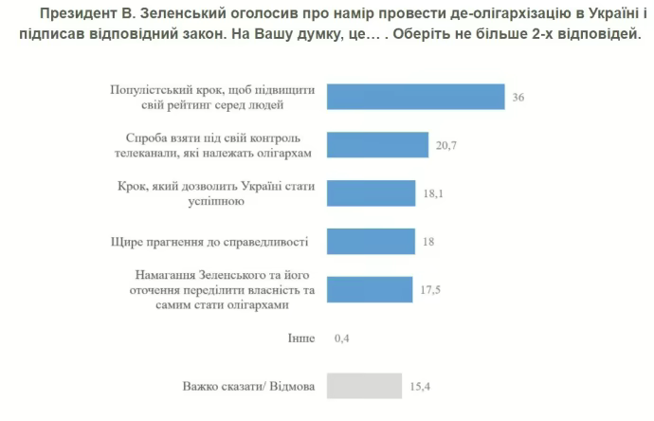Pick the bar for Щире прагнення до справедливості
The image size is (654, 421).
(x=371, y=242)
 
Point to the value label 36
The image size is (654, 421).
(x=518, y=97)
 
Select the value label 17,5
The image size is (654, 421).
(x=432, y=289)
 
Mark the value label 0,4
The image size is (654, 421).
(x=343, y=339)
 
